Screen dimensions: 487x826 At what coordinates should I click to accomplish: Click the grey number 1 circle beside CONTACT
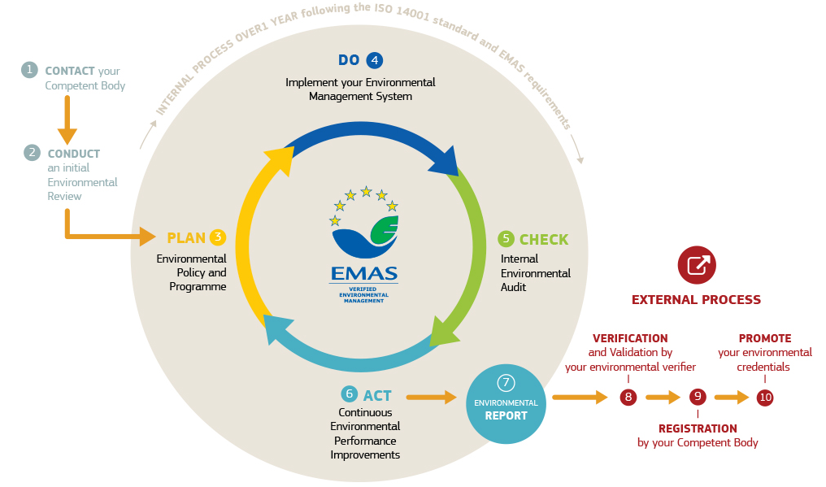[x=30, y=70]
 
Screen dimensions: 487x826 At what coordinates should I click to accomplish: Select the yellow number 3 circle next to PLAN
[x=217, y=237]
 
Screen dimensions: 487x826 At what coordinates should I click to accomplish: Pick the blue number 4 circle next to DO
[x=374, y=59]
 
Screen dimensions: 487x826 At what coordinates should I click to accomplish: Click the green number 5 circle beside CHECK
[x=506, y=238]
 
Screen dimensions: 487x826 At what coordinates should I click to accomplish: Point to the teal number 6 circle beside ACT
[x=350, y=394]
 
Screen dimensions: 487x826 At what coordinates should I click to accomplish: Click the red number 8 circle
[x=628, y=398]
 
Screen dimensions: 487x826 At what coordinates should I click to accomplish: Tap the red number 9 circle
[x=698, y=398]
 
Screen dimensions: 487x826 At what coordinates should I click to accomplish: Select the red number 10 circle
[x=765, y=398]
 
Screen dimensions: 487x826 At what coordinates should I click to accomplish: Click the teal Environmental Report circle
[x=506, y=404]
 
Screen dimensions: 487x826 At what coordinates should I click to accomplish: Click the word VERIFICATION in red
[x=630, y=338]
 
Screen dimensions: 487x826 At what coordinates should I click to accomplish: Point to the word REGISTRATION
[x=698, y=428]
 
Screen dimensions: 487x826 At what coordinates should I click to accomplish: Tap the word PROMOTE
[x=764, y=338]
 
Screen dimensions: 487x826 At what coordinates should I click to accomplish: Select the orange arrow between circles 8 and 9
[x=663, y=398]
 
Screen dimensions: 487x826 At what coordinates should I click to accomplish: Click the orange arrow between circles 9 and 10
[x=731, y=398]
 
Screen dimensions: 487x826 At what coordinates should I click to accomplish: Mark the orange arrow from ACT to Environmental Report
[x=432, y=397]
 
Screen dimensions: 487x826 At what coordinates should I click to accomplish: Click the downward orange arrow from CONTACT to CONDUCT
[x=67, y=120]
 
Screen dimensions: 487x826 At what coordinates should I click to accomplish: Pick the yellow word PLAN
[x=186, y=238]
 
